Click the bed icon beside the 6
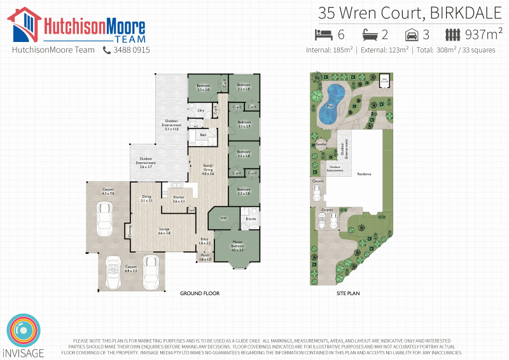pyautogui.click(x=324, y=34)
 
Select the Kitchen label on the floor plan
pyautogui.click(x=179, y=199)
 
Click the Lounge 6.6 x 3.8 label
pyautogui.click(x=164, y=231)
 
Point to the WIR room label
pyautogui.click(x=223, y=218)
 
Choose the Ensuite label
pyautogui.click(x=251, y=219)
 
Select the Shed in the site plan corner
pyautogui.click(x=384, y=81)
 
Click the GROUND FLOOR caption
pyautogui.click(x=199, y=294)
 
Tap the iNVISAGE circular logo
pyautogui.click(x=22, y=329)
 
